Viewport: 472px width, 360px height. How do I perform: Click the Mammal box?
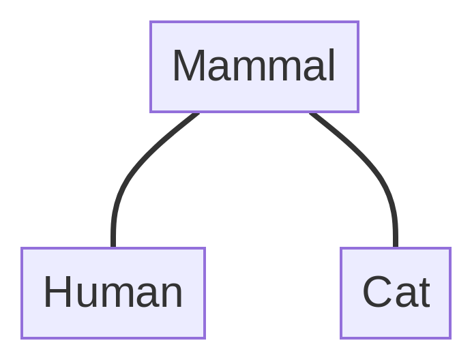click(x=254, y=66)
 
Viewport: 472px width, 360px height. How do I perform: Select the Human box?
click(x=113, y=292)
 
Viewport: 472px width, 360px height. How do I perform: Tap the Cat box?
click(x=396, y=292)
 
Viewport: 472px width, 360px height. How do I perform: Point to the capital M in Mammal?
click(x=188, y=66)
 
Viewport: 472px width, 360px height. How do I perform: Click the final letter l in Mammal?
click(x=331, y=65)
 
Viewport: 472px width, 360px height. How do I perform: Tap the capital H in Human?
click(x=57, y=292)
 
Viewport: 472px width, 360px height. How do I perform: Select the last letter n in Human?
click(x=171, y=295)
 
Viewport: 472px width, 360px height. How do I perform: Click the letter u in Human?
click(x=89, y=295)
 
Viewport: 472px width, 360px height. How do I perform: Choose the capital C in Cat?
click(x=377, y=292)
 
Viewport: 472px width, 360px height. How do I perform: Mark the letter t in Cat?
click(x=423, y=293)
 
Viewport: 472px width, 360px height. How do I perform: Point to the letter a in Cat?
click(x=404, y=295)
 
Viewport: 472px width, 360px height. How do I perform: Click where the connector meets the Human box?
click(x=113, y=247)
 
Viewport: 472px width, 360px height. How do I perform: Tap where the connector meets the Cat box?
click(x=396, y=247)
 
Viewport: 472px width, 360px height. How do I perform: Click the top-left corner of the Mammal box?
click(x=151, y=22)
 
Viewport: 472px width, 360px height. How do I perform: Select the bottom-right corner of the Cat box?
click(x=450, y=337)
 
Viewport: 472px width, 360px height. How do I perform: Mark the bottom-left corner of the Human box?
click(x=22, y=337)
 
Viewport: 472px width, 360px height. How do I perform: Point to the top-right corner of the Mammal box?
click(x=358, y=22)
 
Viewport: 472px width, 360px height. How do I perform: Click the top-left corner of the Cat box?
click(x=341, y=248)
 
